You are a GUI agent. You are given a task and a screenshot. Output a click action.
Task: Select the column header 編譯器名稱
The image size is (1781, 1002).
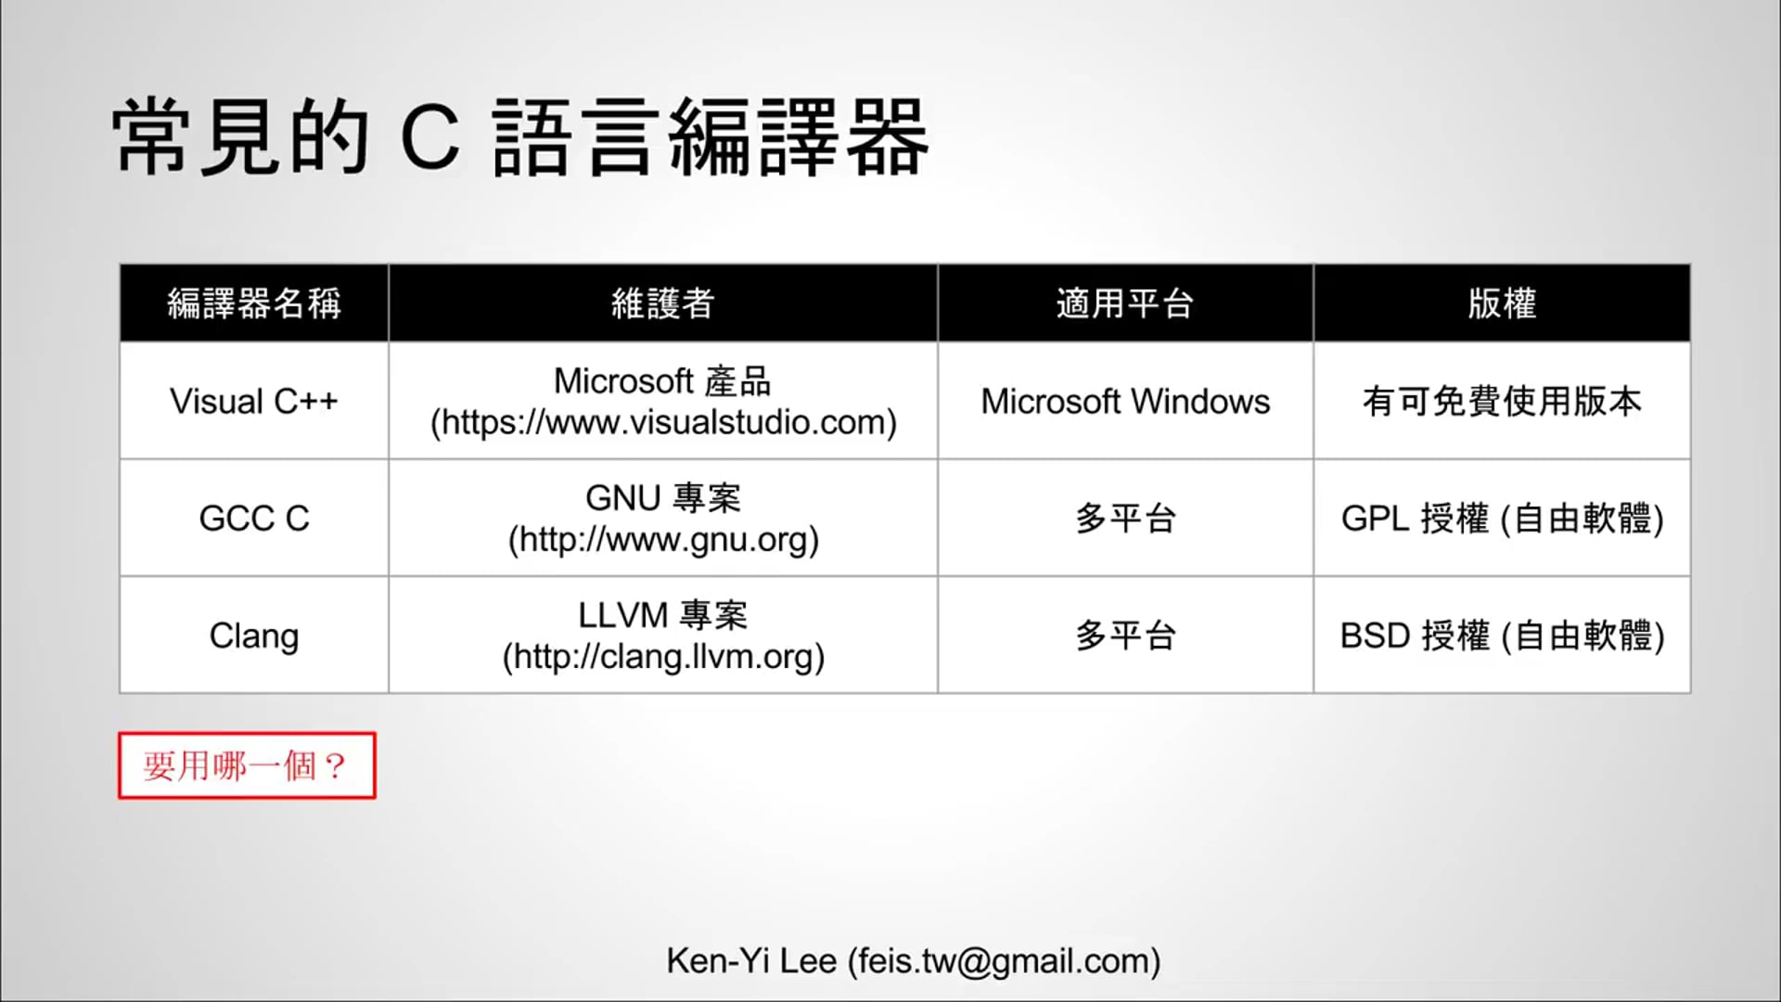pyautogui.click(x=254, y=303)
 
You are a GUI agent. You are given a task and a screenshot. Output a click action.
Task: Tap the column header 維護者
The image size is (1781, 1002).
pyautogui.click(x=662, y=303)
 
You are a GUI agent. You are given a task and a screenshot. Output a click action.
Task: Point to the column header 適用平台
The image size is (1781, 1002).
pyautogui.click(x=1124, y=303)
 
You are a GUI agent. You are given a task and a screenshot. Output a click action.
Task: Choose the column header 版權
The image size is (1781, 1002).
pyautogui.click(x=1502, y=303)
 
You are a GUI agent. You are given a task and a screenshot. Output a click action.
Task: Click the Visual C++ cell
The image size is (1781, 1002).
pyautogui.click(x=254, y=402)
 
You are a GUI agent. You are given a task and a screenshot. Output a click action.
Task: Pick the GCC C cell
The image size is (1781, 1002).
pyautogui.click(x=254, y=519)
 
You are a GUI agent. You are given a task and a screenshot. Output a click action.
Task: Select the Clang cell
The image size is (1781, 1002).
pyautogui.click(x=254, y=636)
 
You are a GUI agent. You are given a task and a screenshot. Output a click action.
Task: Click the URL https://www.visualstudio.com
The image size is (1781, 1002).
pyautogui.click(x=663, y=423)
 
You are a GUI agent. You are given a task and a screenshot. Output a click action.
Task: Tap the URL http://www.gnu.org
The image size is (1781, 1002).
pyautogui.click(x=663, y=540)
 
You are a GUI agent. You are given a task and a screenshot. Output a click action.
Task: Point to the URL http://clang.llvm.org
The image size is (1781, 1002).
pyautogui.click(x=663, y=657)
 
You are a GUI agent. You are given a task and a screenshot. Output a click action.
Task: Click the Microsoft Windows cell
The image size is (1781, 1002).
pyautogui.click(x=1125, y=402)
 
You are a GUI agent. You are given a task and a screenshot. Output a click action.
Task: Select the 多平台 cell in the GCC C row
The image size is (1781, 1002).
pyautogui.click(x=1125, y=519)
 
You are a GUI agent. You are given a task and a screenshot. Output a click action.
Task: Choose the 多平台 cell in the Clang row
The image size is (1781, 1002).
pyautogui.click(x=1125, y=636)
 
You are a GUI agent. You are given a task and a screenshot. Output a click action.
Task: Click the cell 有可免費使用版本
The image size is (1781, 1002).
pyautogui.click(x=1502, y=402)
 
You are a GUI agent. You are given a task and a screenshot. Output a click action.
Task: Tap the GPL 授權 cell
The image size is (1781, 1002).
pyautogui.click(x=1502, y=519)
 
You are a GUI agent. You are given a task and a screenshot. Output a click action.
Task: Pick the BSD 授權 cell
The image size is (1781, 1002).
pyautogui.click(x=1502, y=636)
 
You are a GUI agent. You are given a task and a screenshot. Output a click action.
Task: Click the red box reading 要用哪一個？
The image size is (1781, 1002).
pyautogui.click(x=247, y=765)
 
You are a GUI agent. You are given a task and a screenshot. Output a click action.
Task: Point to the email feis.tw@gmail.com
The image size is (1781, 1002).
pyautogui.click(x=1004, y=961)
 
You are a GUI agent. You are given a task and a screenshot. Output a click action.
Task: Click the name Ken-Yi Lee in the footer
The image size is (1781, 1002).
pyautogui.click(x=751, y=961)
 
